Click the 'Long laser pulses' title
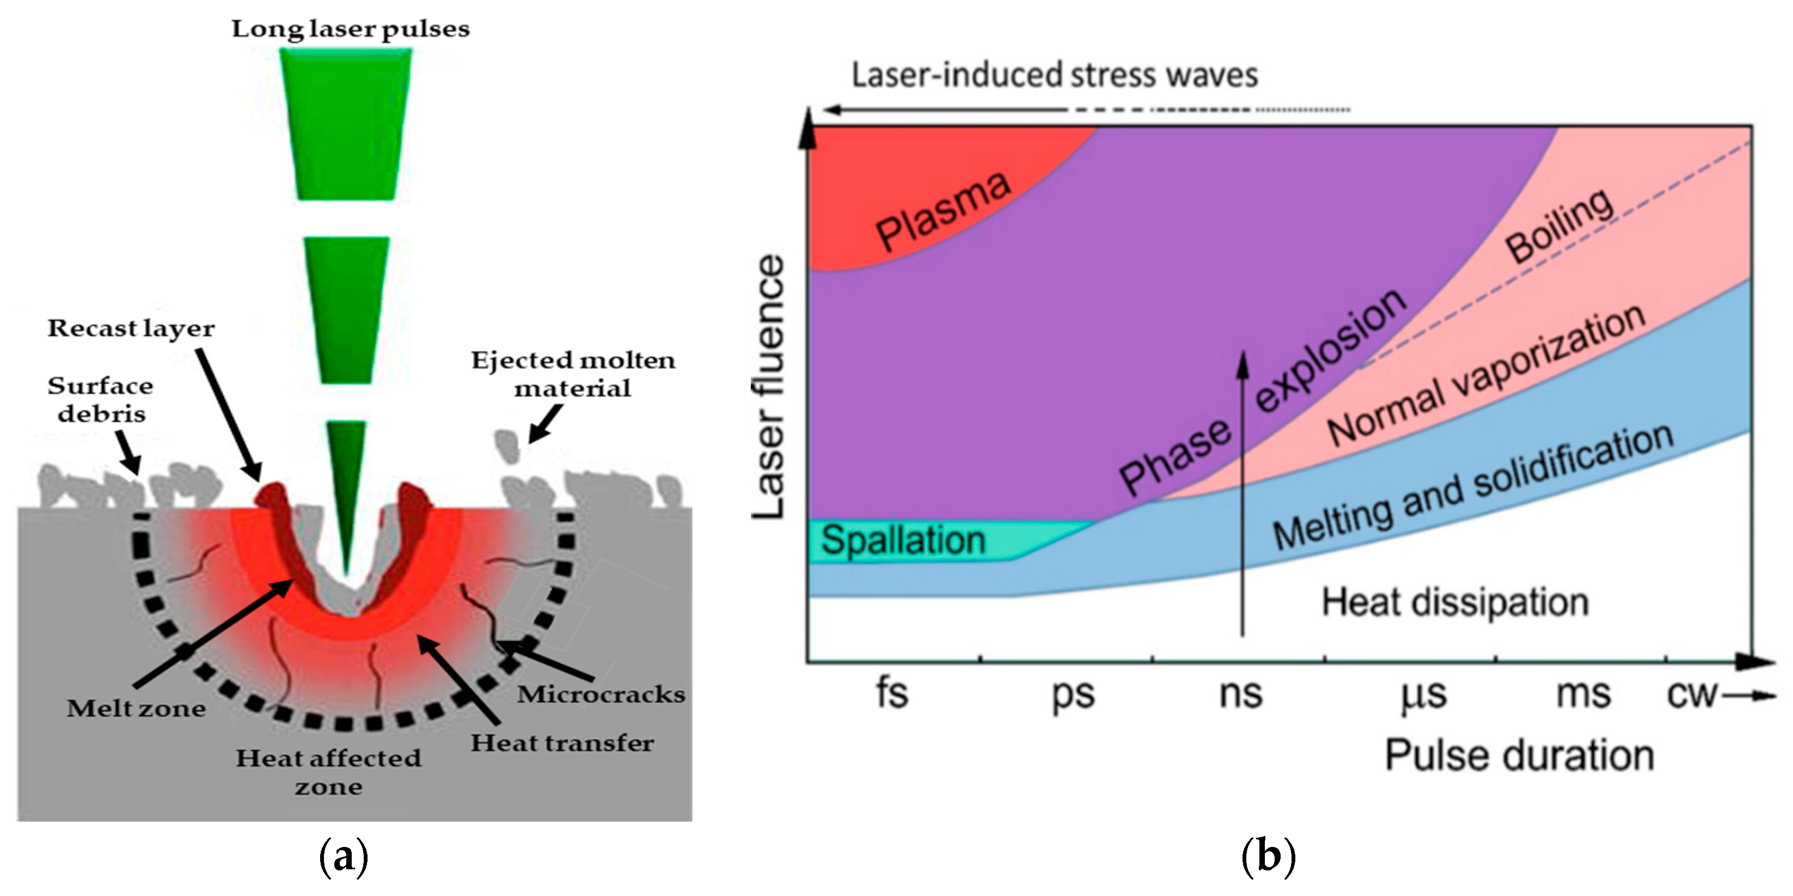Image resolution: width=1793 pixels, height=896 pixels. point(350,29)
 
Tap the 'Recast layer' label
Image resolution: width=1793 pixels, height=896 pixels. point(131,328)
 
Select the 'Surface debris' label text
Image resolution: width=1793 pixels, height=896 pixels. point(101,400)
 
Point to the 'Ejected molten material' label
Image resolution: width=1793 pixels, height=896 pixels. point(573,374)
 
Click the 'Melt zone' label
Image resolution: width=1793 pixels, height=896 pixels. point(137,709)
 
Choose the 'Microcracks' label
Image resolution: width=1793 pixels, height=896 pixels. point(601,694)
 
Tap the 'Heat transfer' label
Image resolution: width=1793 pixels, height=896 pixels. point(562,743)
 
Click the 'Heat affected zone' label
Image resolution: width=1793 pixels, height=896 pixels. point(328,772)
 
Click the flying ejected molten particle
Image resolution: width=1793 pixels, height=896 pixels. point(507,446)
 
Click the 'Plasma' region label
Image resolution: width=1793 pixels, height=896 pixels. point(943,210)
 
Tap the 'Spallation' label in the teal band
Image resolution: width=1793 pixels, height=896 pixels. point(903,540)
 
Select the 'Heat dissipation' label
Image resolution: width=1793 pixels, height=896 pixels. point(1455,602)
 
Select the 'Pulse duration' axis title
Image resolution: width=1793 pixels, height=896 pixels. point(1519,755)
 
